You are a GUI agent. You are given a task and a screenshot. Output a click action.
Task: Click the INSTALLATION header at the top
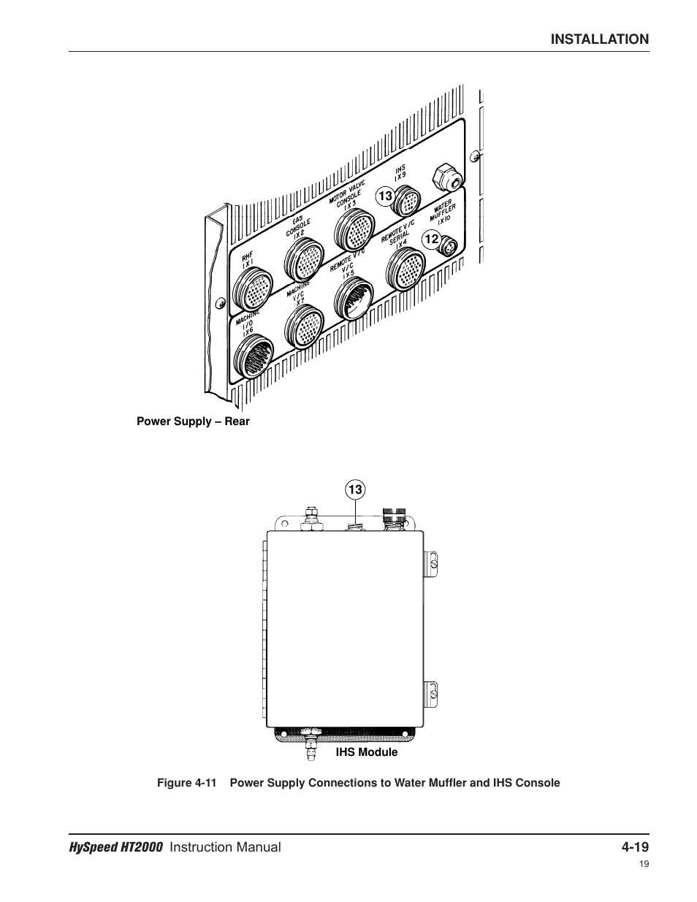(x=599, y=39)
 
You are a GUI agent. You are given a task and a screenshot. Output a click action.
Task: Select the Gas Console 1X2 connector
(x=302, y=259)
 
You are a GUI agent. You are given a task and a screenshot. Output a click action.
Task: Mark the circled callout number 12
(x=431, y=239)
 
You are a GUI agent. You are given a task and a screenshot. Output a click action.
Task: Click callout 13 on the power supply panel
(x=385, y=196)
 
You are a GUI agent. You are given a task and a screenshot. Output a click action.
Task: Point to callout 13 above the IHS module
(x=355, y=490)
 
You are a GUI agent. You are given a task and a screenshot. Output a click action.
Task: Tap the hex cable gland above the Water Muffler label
(x=447, y=176)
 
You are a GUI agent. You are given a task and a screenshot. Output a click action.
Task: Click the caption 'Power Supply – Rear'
(x=193, y=421)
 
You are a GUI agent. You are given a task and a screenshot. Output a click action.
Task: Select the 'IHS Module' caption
(x=367, y=752)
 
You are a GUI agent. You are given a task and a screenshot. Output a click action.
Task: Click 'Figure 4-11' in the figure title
(x=187, y=783)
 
